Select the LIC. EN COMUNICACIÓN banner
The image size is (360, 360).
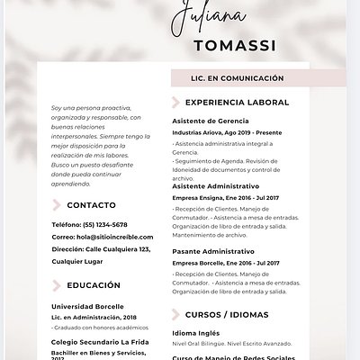point(237,78)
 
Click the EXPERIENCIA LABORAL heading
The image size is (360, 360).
point(237,103)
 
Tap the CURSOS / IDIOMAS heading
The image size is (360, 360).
point(226,315)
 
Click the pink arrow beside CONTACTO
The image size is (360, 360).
point(58,205)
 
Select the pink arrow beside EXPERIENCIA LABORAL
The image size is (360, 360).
point(176,103)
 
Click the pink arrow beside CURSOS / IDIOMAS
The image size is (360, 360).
point(176,315)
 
